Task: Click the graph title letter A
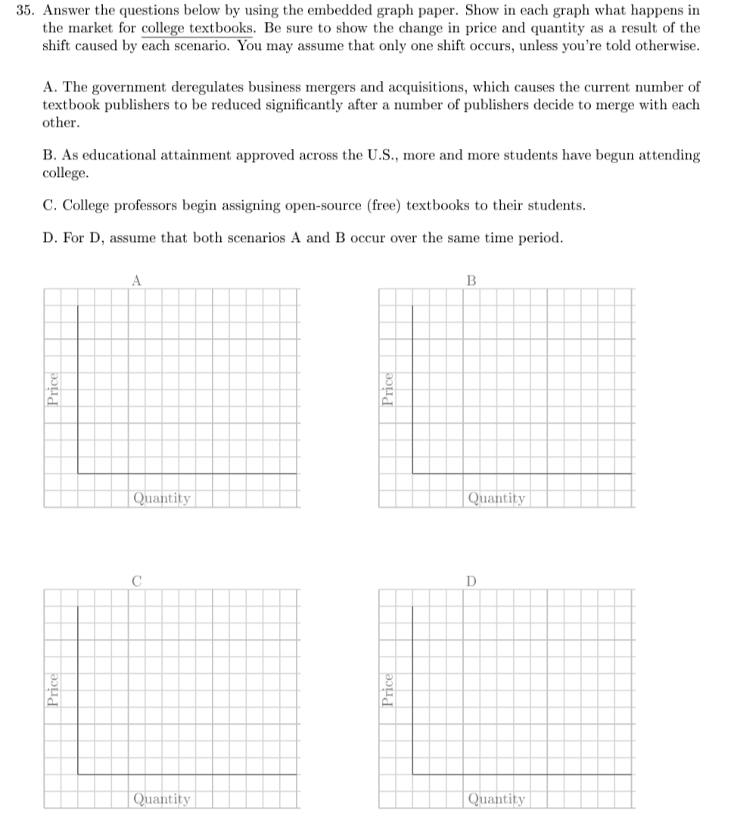tap(136, 281)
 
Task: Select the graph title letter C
tap(136, 582)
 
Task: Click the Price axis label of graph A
tap(53, 390)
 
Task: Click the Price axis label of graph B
tap(387, 390)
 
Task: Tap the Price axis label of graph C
tap(53, 691)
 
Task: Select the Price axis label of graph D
tap(387, 691)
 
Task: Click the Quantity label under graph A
tap(161, 498)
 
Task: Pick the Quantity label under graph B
tap(496, 498)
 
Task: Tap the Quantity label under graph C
tap(161, 799)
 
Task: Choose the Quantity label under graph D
tap(496, 799)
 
